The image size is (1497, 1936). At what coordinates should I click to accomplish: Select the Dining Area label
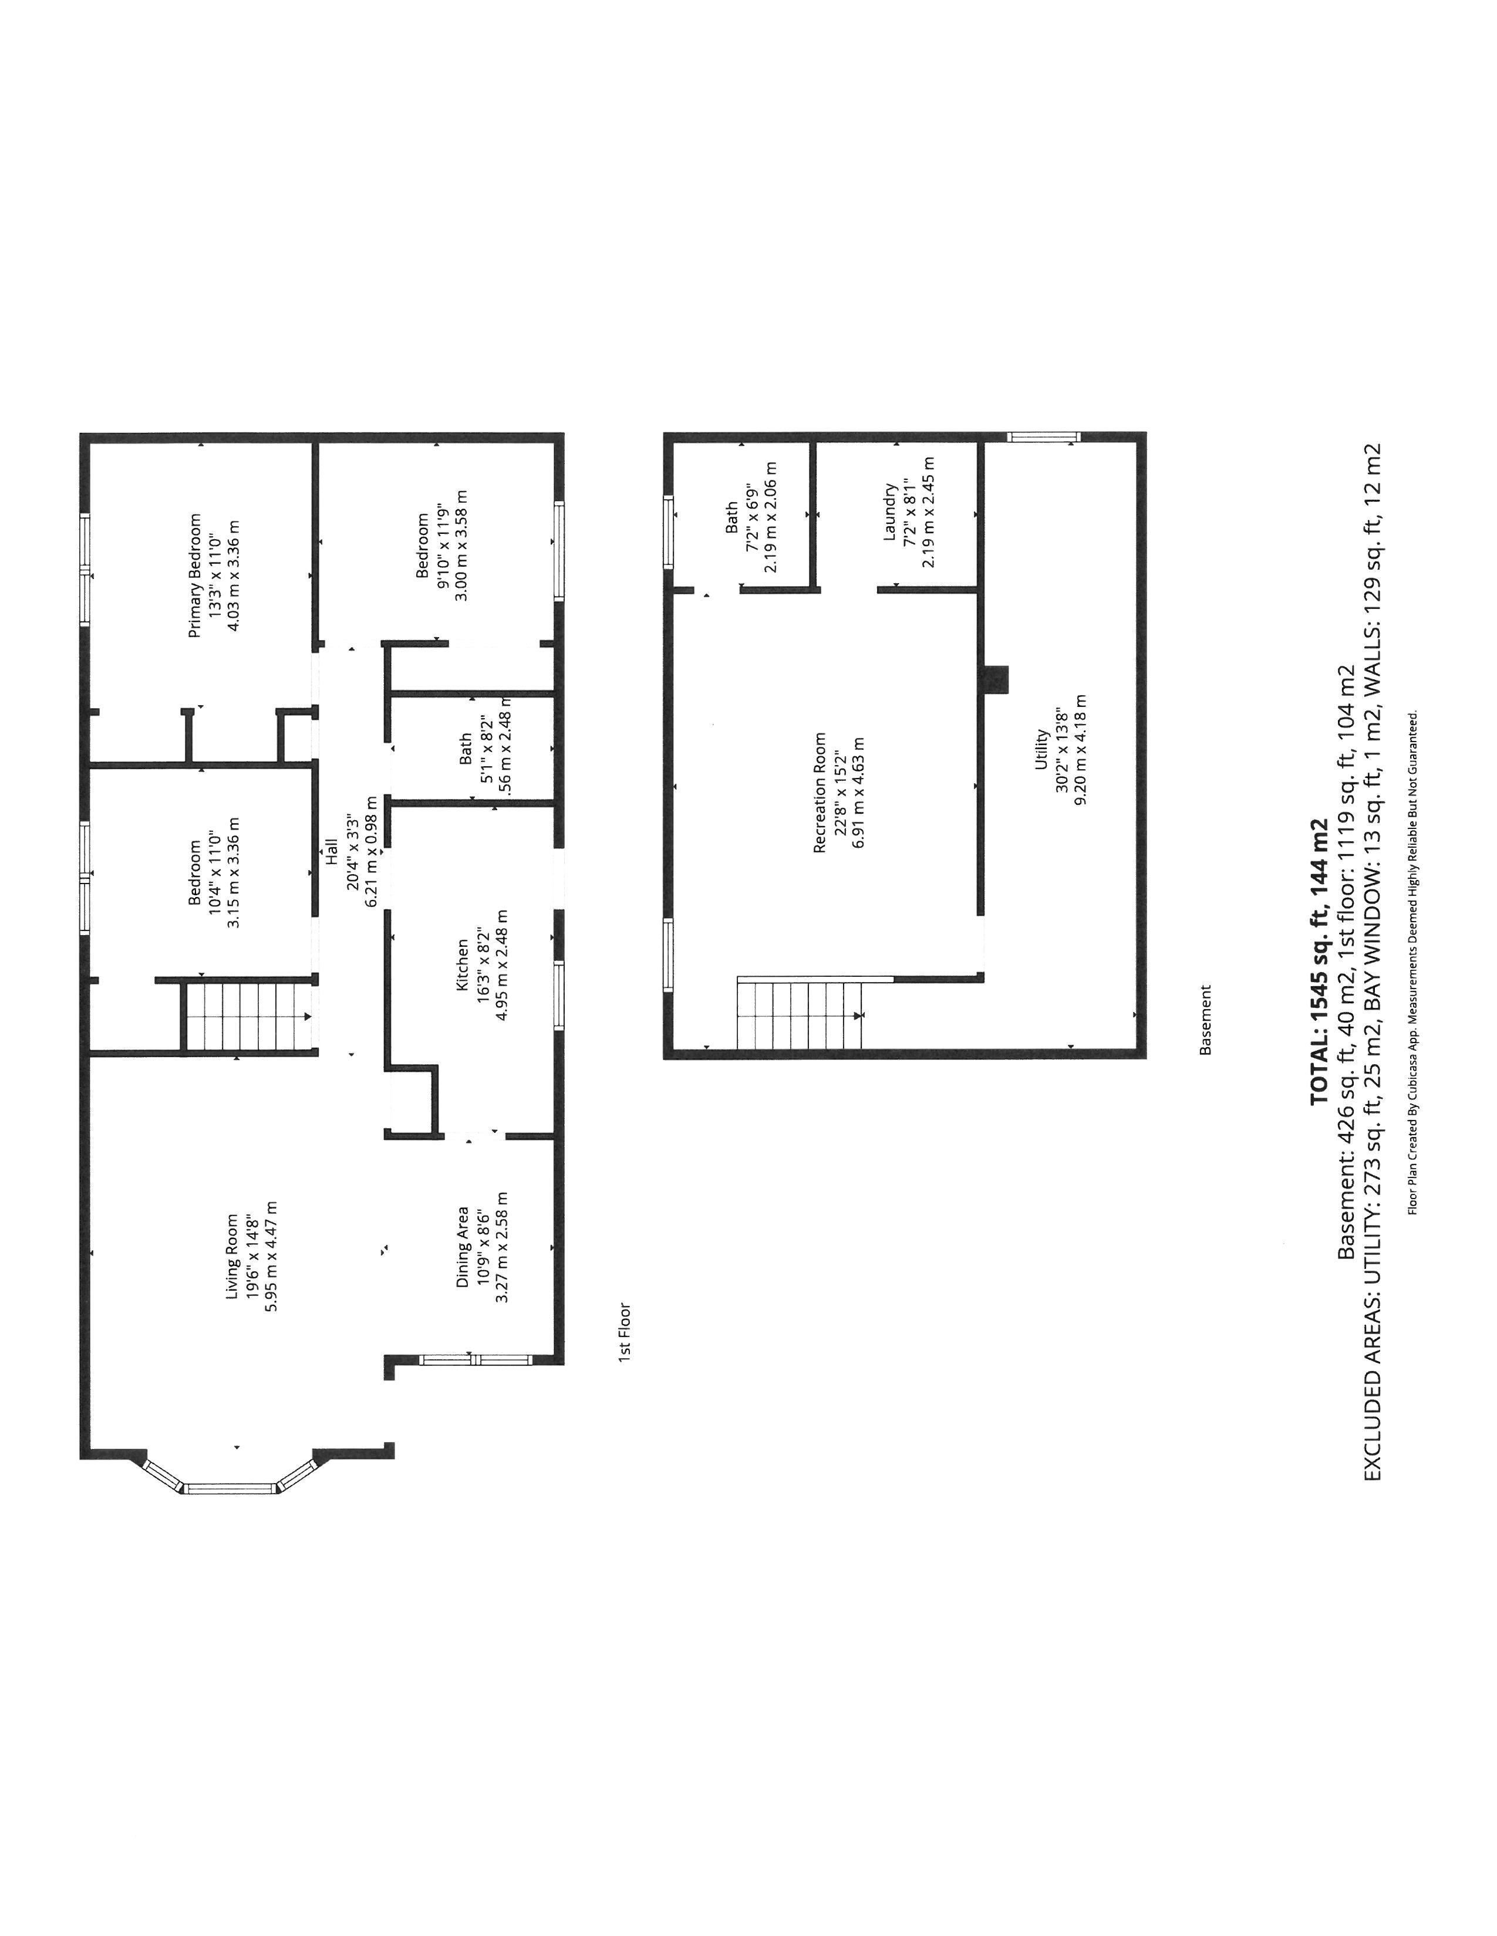[462, 1246]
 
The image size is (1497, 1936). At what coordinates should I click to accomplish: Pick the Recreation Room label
[820, 793]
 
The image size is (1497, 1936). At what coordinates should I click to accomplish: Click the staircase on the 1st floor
[249, 1014]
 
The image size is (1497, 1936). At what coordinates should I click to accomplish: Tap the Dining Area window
[474, 1359]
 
